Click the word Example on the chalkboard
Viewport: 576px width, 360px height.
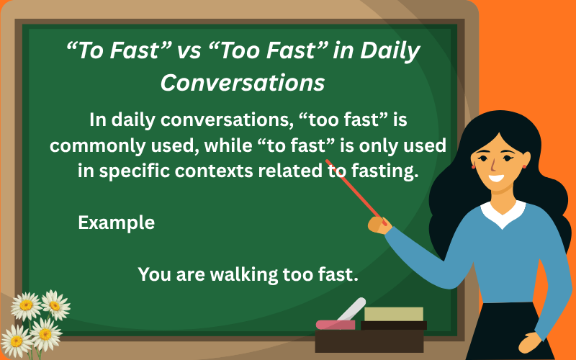point(116,222)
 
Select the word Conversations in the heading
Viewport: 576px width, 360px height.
point(242,83)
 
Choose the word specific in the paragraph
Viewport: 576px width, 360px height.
point(132,171)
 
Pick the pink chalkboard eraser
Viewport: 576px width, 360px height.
point(335,324)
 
